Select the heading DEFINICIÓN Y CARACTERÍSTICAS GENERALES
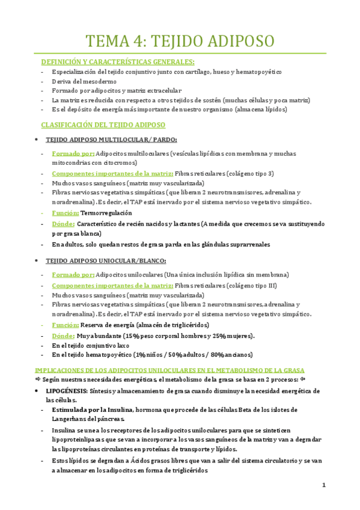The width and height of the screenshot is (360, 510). coord(117,62)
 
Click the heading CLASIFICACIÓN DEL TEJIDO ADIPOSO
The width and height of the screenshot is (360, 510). coord(103,125)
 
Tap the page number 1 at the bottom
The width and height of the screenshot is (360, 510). coord(323,485)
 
